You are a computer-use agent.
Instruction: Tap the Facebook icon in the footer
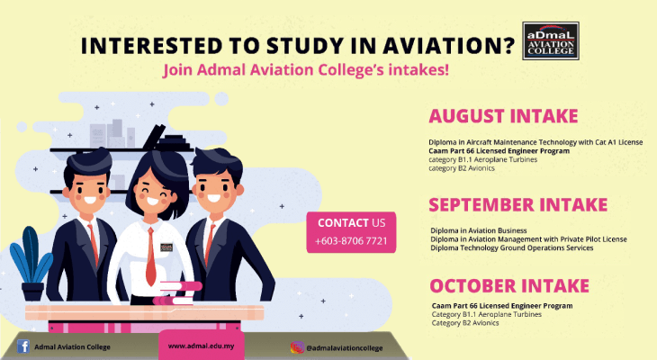(23, 346)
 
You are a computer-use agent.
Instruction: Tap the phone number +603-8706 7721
(352, 242)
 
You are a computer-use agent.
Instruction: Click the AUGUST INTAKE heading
(503, 116)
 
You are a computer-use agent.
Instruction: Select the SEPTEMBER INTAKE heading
(517, 204)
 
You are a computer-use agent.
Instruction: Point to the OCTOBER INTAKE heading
(509, 286)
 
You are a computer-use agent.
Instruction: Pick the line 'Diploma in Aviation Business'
(479, 231)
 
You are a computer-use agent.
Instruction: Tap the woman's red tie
(151, 261)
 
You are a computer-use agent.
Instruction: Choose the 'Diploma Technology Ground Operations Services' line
(512, 247)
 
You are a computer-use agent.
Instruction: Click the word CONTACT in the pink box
(343, 222)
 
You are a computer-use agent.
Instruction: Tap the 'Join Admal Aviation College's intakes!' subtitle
(305, 69)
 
